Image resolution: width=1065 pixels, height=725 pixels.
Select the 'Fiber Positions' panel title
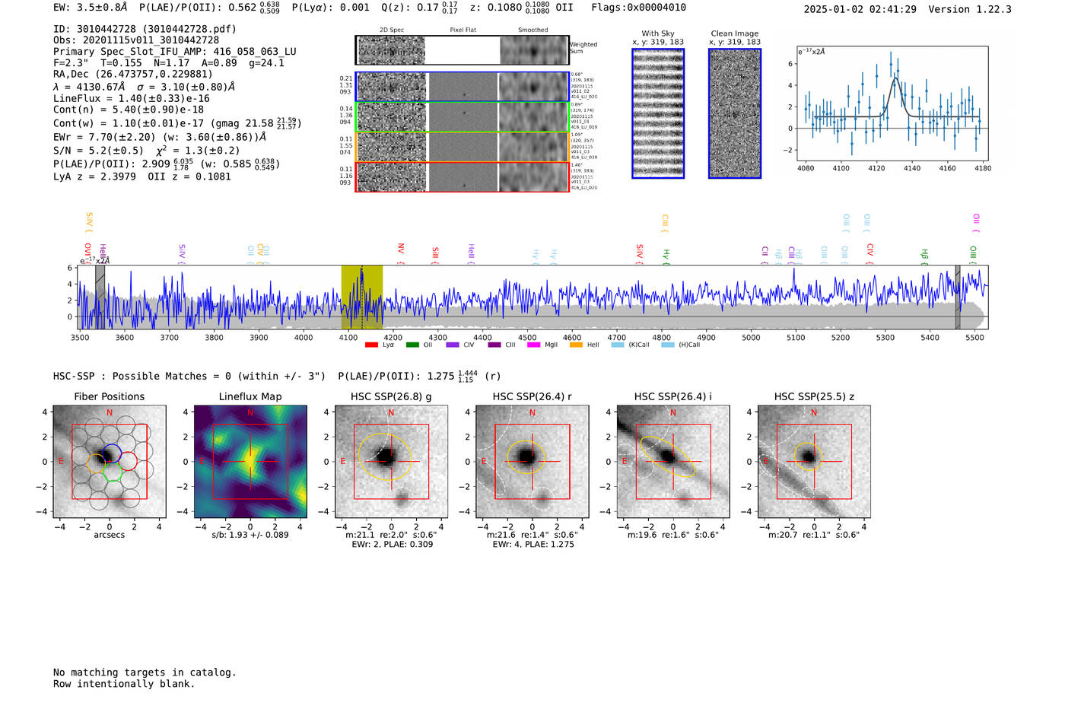pos(109,396)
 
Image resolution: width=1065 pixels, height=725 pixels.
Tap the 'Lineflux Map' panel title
pos(250,396)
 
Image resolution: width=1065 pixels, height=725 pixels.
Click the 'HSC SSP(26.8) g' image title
pos(391,396)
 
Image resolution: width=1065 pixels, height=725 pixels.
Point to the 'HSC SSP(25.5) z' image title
pos(814,396)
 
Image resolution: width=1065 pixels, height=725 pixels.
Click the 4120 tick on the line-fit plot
pos(876,168)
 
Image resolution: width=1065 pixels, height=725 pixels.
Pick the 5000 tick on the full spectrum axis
pos(751,337)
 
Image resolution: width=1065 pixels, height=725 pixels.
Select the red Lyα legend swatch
pos(371,345)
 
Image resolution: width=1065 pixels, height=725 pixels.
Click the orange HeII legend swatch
pos(576,345)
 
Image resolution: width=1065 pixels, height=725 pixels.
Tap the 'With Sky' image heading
pos(658,33)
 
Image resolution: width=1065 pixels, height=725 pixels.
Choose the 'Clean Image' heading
pos(735,33)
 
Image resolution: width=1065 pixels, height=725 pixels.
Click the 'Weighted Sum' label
pos(583,48)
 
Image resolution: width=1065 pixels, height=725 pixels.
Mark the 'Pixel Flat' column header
pos(463,30)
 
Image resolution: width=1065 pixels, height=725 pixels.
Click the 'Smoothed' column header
pos(533,30)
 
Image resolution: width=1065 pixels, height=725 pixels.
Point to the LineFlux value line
pos(132,98)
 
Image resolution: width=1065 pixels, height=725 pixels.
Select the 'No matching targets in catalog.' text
pos(145,673)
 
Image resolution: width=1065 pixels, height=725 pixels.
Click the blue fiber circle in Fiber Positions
pos(112,450)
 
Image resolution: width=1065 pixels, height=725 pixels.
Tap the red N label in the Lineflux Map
pos(250,413)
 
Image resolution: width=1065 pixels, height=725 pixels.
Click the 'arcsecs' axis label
pos(109,535)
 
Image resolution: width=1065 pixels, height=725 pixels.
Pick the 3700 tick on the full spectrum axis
pos(169,337)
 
